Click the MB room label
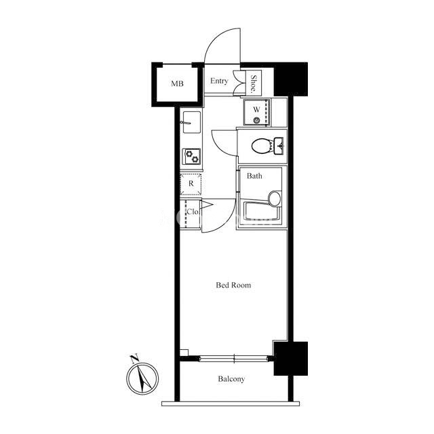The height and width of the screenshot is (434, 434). coord(177,83)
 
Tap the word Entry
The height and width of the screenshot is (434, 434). coord(219,81)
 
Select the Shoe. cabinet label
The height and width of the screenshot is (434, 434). coord(253,83)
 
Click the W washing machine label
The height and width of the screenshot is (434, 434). coord(256,110)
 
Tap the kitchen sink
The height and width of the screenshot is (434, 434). coord(191,122)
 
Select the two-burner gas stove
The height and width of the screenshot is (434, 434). coord(191,157)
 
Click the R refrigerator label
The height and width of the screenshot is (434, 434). coord(191,184)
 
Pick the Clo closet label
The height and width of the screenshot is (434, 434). coord(193,212)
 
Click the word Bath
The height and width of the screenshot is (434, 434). coord(254,176)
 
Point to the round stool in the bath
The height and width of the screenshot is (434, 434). coord(275,199)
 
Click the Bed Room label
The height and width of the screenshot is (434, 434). coord(233,285)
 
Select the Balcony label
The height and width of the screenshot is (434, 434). coord(231,379)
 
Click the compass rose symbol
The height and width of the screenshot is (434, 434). coord(142,378)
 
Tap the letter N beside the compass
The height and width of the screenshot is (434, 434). coord(135,359)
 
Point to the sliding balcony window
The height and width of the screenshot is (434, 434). coord(234,359)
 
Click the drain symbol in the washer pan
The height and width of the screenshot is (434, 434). coord(256,121)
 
